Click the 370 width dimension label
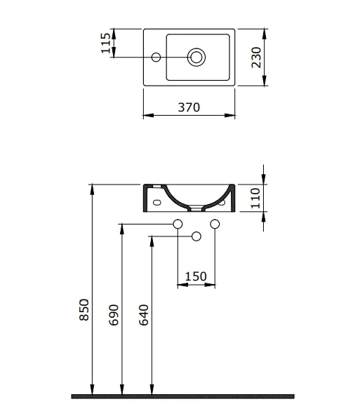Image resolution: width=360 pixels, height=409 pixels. pos(189,107)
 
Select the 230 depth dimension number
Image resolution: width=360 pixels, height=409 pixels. pos(256,58)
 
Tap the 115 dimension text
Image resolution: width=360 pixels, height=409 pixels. pos(106,43)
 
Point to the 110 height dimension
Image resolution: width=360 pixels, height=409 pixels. pos(255,199)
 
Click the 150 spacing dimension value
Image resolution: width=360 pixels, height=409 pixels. pos(196,276)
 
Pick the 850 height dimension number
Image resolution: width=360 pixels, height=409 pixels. pos(84,309)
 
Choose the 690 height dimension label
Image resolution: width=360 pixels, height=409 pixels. pos(114,315)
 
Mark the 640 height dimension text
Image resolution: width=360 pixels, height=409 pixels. pos(144,315)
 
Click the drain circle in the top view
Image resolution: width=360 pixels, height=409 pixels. pos(196,57)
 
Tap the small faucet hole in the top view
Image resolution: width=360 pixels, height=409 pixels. pos(156,57)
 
